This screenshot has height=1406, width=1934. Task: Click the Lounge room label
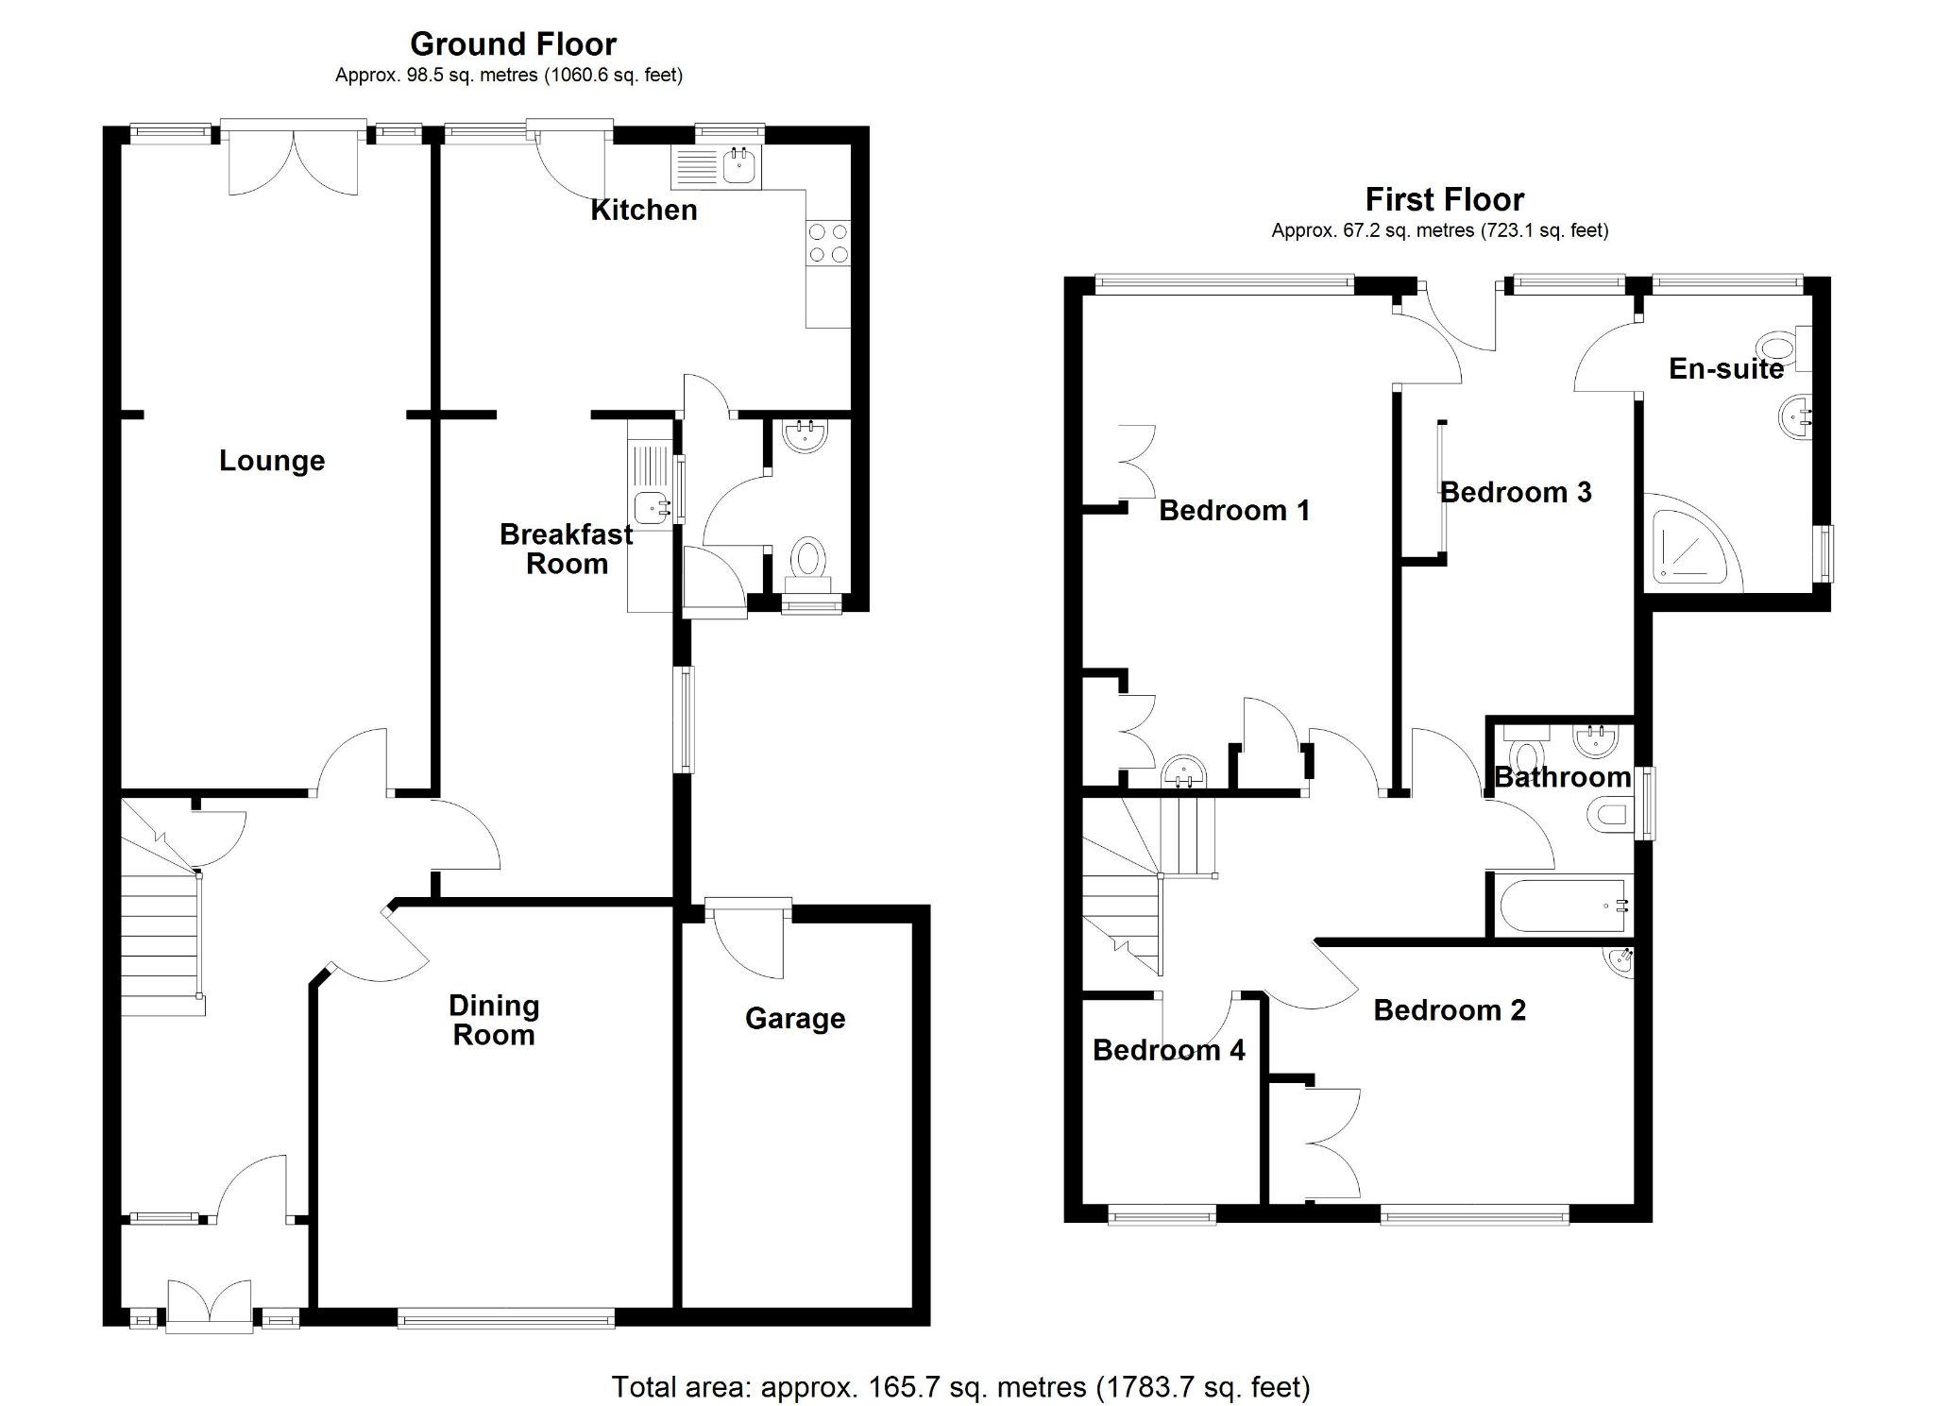(x=272, y=461)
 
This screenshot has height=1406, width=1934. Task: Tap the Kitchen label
(x=644, y=210)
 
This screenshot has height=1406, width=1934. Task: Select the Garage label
(x=794, y=1018)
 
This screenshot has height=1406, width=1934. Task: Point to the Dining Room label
(x=494, y=1020)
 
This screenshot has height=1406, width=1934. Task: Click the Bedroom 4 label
(x=1168, y=1050)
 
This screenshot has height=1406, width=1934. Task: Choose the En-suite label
(x=1726, y=368)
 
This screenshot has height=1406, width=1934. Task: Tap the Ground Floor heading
(x=513, y=43)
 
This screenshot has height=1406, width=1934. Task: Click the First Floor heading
(x=1444, y=199)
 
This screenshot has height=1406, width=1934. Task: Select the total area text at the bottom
(x=960, y=1386)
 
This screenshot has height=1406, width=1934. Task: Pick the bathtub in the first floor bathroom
(x=1562, y=906)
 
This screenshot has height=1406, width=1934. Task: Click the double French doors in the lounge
(x=294, y=161)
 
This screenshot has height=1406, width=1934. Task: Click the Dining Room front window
(x=506, y=1317)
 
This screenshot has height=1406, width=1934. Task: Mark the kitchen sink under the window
(x=738, y=167)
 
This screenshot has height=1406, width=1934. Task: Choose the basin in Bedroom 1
(x=1184, y=772)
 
